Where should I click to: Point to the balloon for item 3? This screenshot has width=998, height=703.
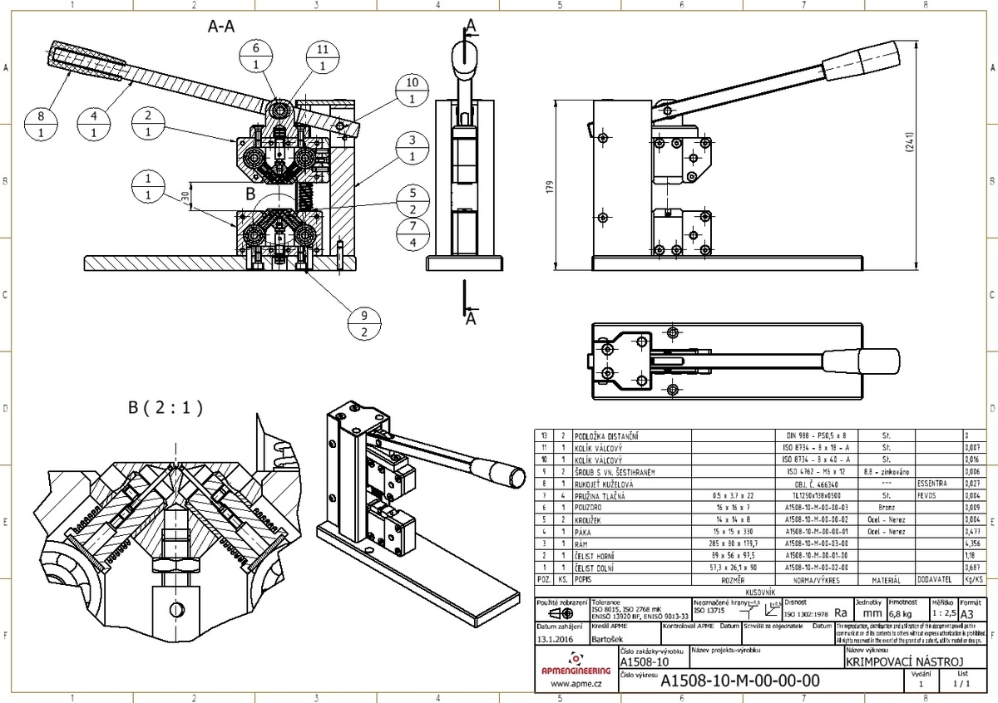coord(413,148)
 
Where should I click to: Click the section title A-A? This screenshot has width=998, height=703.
coord(220,27)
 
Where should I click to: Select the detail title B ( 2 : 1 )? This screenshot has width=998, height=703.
coord(166,408)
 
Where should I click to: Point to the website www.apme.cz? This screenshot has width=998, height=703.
coord(576,684)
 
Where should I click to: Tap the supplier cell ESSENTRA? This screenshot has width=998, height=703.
coord(931,482)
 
